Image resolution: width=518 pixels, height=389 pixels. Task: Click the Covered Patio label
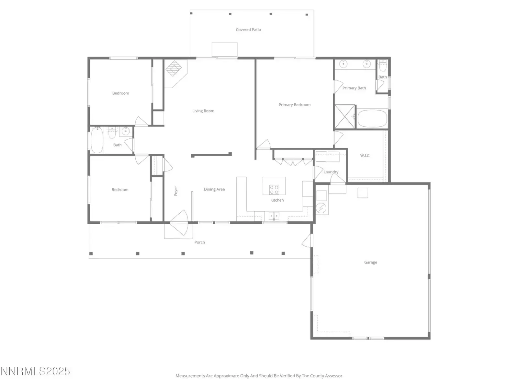[248, 29]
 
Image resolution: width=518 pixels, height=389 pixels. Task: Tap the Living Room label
[203, 111]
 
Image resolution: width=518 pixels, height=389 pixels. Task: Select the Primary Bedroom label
[295, 105]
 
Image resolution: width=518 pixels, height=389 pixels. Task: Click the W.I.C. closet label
[365, 155]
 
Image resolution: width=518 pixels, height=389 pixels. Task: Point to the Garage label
[370, 262]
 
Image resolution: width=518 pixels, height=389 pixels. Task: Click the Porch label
[199, 242]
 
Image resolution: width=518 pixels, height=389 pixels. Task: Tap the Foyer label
[175, 191]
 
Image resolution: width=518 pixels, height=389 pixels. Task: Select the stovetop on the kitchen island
[274, 190]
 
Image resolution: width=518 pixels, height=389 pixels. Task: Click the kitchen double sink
[274, 216]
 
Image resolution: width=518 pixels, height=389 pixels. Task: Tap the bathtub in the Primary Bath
[372, 119]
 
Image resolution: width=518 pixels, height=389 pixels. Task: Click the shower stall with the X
[345, 117]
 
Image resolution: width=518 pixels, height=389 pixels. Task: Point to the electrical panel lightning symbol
[321, 208]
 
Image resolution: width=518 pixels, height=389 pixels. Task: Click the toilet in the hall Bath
[112, 133]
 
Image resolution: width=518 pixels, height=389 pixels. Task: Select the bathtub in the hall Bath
[97, 140]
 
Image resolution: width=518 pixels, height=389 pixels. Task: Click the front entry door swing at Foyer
[179, 222]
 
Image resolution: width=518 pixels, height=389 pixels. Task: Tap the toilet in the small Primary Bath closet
[383, 66]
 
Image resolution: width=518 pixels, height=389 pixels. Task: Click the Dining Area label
[214, 189]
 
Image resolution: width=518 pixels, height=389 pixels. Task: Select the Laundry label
[331, 172]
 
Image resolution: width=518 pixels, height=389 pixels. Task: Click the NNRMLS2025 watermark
[35, 371]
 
